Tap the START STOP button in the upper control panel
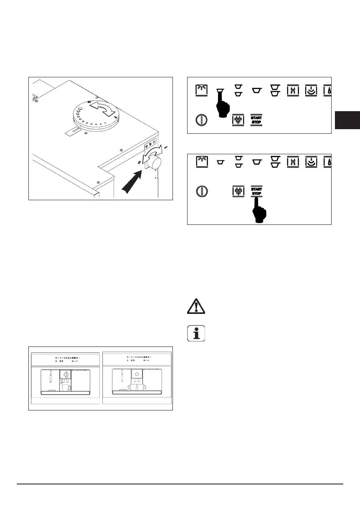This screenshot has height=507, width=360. click(256, 120)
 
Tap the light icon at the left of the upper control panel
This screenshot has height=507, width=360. click(202, 90)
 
